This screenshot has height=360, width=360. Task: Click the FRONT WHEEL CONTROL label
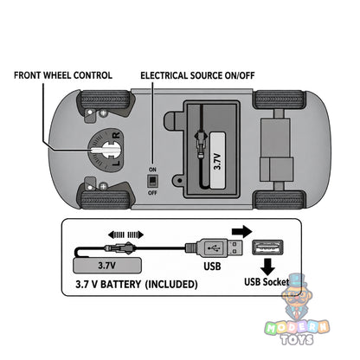63,75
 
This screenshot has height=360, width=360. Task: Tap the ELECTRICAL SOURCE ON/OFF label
197,75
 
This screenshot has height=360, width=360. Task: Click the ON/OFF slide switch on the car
152,181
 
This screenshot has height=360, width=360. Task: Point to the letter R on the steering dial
116,135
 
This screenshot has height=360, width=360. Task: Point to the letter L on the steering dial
116,163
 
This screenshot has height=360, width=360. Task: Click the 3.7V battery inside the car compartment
217,161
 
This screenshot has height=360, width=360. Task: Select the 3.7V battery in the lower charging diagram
107,266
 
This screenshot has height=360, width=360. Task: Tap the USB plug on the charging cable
214,247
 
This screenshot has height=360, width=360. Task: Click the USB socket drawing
267,247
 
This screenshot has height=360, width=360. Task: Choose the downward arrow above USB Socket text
267,267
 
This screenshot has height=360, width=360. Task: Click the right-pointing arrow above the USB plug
242,231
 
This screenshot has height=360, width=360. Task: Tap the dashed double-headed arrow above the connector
125,235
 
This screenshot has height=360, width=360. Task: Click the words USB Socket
267,282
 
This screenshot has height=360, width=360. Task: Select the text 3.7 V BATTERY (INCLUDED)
137,285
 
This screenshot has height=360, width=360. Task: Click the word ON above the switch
152,170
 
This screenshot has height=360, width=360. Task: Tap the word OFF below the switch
152,193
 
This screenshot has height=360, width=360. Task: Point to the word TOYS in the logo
298,339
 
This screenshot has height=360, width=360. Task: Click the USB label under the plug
212,267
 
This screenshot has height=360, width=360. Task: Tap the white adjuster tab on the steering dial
105,150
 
